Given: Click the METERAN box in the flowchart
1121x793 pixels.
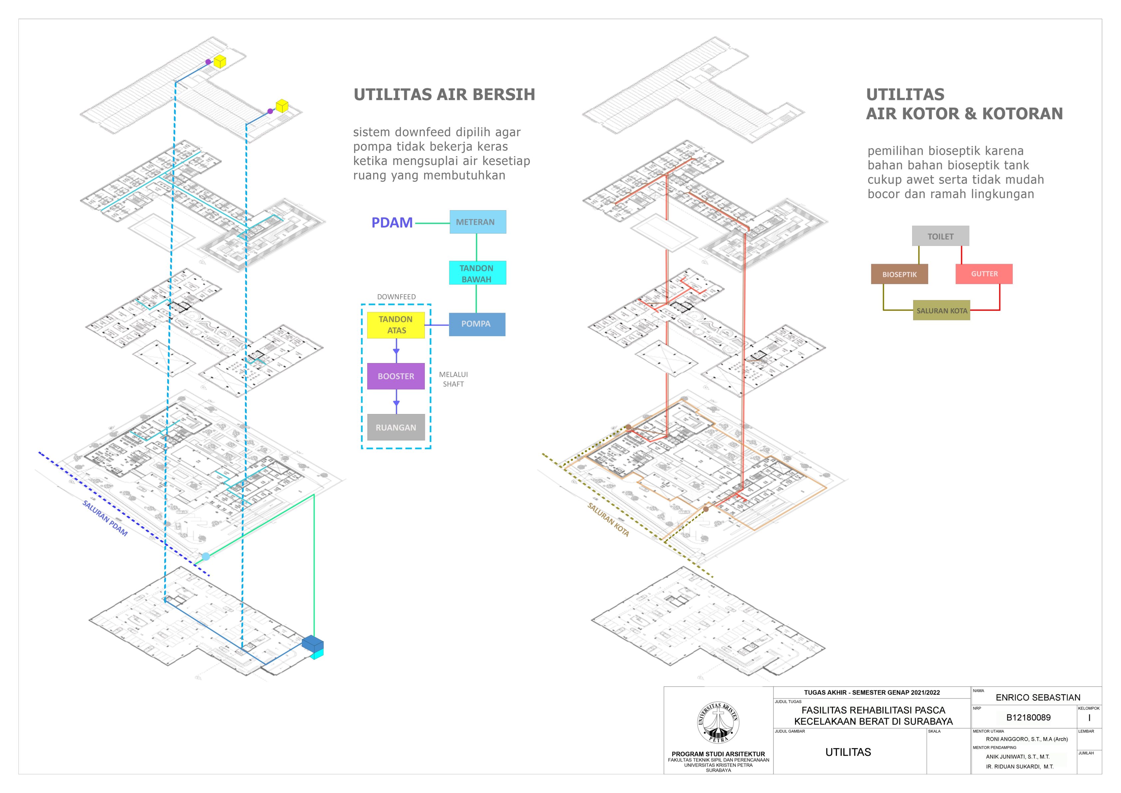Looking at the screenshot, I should (x=477, y=222).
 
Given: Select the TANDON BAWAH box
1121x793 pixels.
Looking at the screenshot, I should (x=477, y=273).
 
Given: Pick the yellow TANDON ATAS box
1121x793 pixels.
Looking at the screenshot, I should (x=396, y=325).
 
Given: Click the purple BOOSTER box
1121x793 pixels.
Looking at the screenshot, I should (x=396, y=376).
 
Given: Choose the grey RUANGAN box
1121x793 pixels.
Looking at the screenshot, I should (x=396, y=428).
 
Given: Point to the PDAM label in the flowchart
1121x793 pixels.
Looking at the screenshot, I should (x=392, y=223).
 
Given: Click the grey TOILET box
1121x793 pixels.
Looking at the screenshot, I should (x=940, y=236).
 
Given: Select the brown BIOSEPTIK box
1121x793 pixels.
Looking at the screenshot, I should (x=899, y=274).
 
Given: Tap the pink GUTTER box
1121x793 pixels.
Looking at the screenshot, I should (x=984, y=274).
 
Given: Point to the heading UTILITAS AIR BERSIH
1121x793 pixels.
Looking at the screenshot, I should (x=444, y=95).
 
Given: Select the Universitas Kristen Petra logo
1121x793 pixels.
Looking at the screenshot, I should (x=718, y=723).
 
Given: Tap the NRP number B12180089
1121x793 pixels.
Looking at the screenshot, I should (x=1028, y=718).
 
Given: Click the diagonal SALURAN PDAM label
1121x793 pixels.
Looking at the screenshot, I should (x=105, y=519).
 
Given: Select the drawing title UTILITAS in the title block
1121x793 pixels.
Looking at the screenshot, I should (x=848, y=752).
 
